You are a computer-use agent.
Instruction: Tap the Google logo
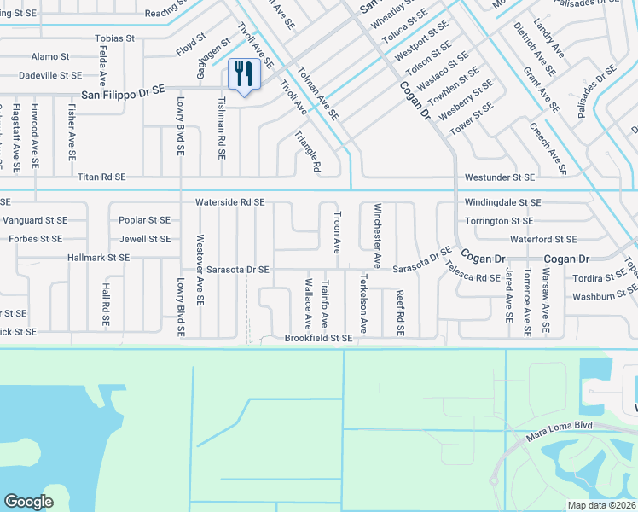click(28, 502)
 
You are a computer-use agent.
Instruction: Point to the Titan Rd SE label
click(101, 177)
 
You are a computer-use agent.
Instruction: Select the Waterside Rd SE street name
click(229, 202)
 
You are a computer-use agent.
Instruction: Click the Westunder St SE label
click(500, 177)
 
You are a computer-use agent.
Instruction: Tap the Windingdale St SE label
click(502, 202)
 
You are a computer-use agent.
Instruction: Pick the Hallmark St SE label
click(99, 257)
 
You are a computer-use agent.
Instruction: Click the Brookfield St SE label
click(318, 339)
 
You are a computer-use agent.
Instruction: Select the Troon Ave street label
click(337, 233)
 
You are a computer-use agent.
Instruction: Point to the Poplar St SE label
click(145, 220)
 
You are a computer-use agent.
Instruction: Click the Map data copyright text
click(602, 505)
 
